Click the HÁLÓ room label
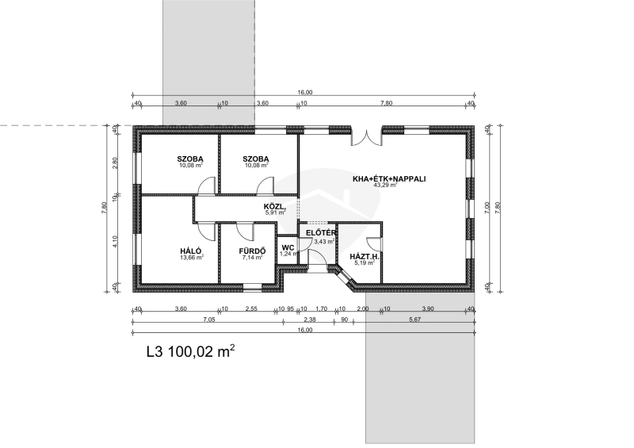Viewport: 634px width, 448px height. (x=191, y=251)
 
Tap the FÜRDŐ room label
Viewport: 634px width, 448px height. (x=252, y=251)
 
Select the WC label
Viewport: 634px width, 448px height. (x=288, y=247)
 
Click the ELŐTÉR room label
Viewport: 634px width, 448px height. (x=321, y=233)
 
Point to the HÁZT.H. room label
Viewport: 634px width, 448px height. (x=365, y=257)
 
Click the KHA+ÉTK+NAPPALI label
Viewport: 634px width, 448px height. (x=389, y=179)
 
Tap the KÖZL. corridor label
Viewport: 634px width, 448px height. (x=274, y=206)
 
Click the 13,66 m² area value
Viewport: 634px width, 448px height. (x=192, y=257)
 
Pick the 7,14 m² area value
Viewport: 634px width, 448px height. (x=253, y=257)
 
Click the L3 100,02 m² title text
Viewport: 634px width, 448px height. (x=190, y=351)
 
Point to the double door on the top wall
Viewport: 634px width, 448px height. (x=366, y=138)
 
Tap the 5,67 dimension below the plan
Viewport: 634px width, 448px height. (x=414, y=320)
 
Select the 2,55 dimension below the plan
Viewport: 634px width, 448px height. (x=251, y=309)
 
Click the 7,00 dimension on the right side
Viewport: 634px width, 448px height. (x=487, y=208)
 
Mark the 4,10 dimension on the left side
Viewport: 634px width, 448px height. (x=115, y=242)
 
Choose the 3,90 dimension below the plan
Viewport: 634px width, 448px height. (x=428, y=309)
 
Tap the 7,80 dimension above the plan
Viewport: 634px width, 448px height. (x=386, y=103)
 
